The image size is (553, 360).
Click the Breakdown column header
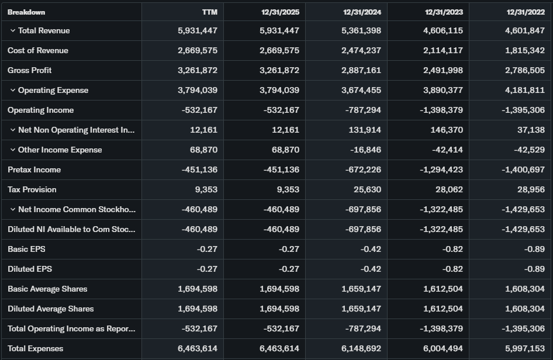tap(26, 12)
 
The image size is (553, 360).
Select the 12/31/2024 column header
tap(362, 12)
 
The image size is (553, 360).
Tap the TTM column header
tap(209, 12)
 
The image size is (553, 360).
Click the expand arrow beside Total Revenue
tap(13, 30)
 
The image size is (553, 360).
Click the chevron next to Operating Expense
tap(13, 90)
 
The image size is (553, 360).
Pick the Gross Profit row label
tap(30, 70)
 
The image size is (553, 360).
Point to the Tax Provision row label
tap(32, 189)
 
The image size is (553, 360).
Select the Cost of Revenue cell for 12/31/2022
tap(524, 50)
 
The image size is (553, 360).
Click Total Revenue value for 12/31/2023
tap(443, 30)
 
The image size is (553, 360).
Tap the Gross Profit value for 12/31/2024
tap(361, 70)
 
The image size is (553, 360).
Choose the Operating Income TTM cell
tap(199, 110)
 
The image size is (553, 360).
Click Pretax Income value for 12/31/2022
tap(523, 169)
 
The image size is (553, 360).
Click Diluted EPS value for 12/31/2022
tap(535, 269)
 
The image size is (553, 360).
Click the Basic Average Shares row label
tap(47, 289)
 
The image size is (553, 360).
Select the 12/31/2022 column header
tap(526, 12)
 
